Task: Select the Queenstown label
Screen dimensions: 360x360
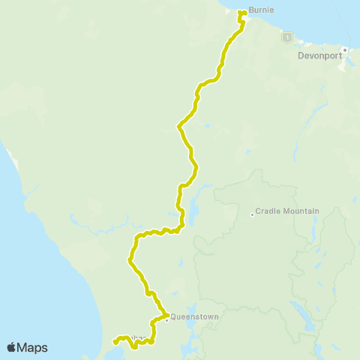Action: click(x=194, y=316)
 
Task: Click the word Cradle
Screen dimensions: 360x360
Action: click(x=267, y=211)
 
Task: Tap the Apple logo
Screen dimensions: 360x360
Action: click(x=12, y=347)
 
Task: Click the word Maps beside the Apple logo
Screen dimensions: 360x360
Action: click(x=34, y=347)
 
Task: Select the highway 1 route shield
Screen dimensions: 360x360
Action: click(x=286, y=36)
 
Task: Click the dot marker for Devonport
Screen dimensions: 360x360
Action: click(x=345, y=50)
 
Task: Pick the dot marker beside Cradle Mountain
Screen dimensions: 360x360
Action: click(x=251, y=214)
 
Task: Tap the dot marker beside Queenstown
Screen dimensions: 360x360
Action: click(x=166, y=317)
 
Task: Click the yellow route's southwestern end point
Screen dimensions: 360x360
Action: click(x=114, y=342)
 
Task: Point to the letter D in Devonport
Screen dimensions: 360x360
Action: click(x=301, y=55)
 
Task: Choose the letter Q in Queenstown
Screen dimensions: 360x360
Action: click(x=174, y=316)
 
